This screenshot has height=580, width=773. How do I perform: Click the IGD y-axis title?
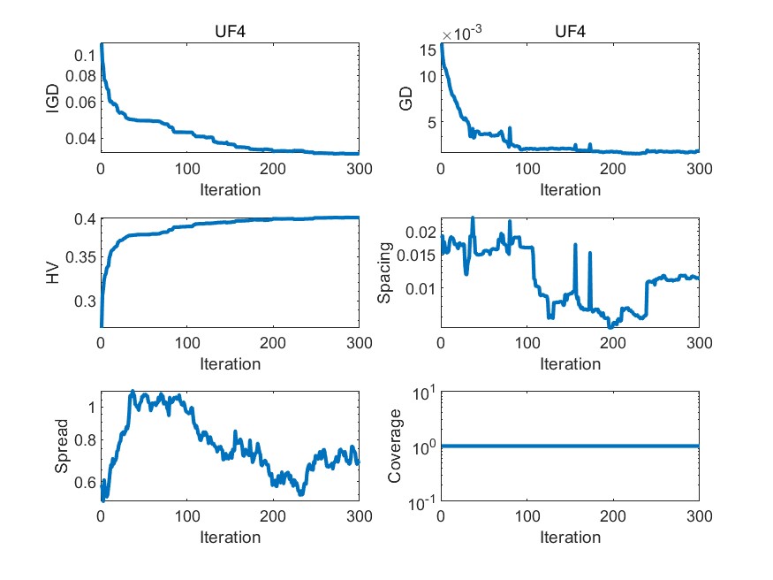click(53, 103)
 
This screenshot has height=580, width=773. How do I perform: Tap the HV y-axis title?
click(53, 274)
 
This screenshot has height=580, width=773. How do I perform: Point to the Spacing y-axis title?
click(386, 274)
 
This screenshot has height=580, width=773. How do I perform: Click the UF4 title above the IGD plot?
click(230, 34)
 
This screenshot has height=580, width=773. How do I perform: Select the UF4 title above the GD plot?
click(570, 34)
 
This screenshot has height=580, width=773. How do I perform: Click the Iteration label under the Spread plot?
click(230, 538)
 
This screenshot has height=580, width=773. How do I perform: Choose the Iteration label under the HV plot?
click(230, 363)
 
